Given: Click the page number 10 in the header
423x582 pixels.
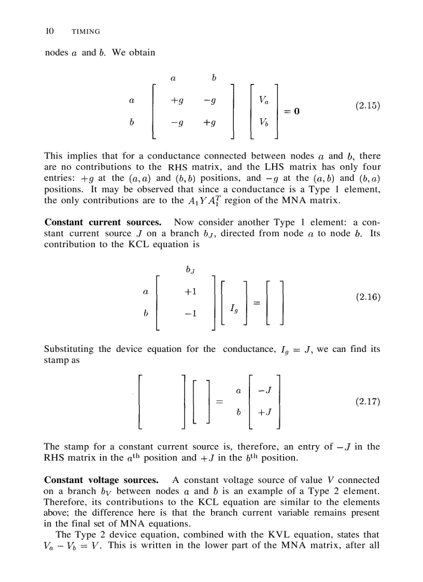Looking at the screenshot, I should [x=50, y=32].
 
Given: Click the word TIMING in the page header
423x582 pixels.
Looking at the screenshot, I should [x=86, y=32].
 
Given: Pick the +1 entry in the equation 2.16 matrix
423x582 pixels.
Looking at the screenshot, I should [x=190, y=292].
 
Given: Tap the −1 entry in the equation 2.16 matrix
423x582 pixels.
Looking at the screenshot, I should [x=190, y=314].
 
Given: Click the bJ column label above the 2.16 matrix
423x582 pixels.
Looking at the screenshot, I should [x=190, y=269].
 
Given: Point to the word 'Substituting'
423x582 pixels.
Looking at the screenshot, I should [x=69, y=349].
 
